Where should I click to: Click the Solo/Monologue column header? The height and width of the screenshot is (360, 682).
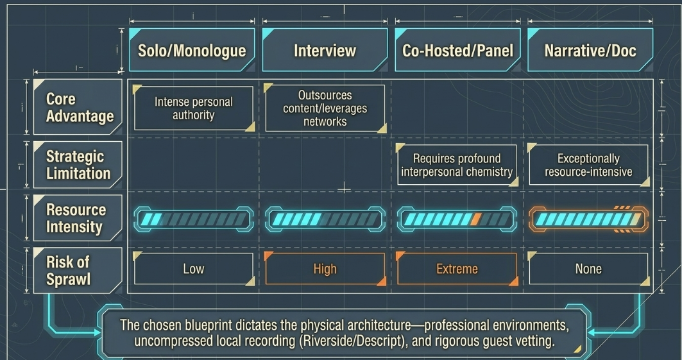click(192, 50)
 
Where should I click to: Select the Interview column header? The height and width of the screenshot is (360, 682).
click(325, 50)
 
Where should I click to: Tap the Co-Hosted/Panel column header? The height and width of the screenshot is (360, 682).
click(457, 50)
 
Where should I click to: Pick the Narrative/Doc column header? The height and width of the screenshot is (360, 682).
click(590, 50)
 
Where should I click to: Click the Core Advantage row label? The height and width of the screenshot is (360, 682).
click(78, 107)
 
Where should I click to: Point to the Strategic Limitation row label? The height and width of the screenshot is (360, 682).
click(78, 165)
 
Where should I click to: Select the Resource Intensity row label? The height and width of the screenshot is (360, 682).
click(78, 218)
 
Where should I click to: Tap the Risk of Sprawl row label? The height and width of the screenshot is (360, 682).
click(78, 270)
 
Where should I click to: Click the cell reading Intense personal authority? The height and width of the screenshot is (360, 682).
click(194, 108)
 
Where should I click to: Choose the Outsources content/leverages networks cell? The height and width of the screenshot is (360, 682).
click(325, 108)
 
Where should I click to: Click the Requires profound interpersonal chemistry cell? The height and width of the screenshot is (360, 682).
click(457, 165)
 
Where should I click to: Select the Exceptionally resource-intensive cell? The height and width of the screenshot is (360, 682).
click(588, 165)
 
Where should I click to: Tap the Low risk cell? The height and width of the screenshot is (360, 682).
click(194, 269)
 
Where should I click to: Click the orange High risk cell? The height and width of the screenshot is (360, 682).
click(325, 269)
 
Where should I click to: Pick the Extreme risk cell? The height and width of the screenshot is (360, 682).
click(457, 269)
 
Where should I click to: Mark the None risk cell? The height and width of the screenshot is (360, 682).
click(588, 269)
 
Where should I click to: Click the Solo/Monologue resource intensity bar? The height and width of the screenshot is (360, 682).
click(194, 219)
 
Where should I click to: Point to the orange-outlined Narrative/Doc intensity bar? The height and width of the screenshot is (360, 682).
click(588, 219)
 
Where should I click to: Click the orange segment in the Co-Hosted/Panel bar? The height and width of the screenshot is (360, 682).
click(476, 219)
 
